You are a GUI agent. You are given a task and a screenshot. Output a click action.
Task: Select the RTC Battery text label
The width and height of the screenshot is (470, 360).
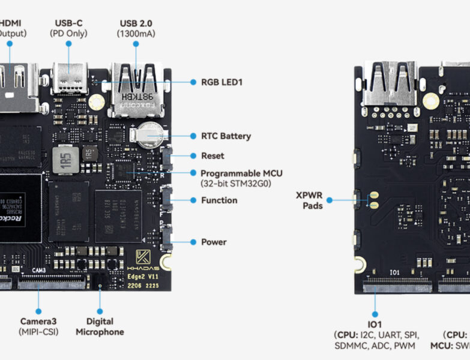[226, 136]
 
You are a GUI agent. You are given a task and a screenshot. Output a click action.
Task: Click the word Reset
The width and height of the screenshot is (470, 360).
[212, 156]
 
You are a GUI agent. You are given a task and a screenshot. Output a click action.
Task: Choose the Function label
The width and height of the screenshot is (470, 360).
[219, 200]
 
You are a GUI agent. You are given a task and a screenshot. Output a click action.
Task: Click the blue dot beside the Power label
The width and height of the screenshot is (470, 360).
[194, 242]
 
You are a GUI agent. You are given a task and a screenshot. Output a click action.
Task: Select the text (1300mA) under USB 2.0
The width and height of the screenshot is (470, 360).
[136, 34]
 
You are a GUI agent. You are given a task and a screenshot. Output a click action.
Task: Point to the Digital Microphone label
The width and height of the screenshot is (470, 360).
[100, 326]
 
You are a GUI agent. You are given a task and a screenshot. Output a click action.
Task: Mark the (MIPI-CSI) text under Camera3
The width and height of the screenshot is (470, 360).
[39, 331]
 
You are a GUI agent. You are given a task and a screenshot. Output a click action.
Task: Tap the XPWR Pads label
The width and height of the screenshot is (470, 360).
[309, 200]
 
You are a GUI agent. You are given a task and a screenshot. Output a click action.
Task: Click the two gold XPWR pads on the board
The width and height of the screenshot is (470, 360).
[374, 200]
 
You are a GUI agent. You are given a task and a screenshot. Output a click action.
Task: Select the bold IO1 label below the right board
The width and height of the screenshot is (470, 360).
[375, 325]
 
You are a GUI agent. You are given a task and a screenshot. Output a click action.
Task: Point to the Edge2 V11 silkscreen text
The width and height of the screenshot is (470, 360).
[144, 277]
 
